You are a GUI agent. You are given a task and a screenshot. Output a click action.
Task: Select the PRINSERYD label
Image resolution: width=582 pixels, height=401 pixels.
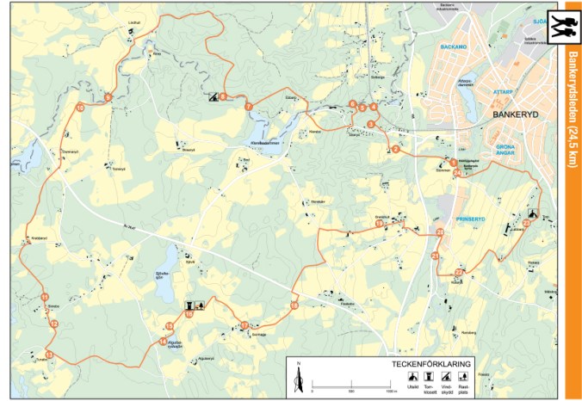point(471,219)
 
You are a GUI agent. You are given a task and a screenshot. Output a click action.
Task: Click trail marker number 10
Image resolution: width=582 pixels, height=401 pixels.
point(79,108)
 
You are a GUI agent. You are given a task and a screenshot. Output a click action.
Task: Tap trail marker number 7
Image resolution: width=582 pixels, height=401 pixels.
point(248,106)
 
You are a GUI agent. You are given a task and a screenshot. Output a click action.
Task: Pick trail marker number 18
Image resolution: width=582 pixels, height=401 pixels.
point(379,225)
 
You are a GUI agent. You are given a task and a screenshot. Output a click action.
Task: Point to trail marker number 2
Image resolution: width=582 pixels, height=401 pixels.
point(395,150)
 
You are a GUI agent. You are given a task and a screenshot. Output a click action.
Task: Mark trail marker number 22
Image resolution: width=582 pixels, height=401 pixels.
point(458,273)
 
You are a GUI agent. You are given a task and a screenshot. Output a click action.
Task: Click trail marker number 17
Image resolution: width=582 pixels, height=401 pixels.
point(244,325)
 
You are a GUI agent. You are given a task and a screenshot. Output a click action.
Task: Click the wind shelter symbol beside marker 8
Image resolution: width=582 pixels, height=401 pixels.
point(212,96)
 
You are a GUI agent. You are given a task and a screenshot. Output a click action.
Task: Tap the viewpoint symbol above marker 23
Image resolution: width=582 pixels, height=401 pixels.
point(534,214)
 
